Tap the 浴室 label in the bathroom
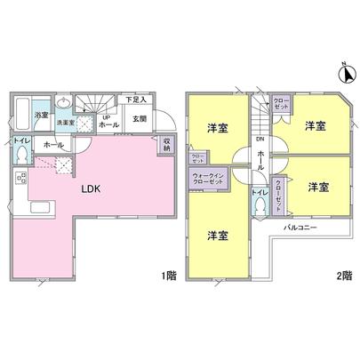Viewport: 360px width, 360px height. [x=41, y=116]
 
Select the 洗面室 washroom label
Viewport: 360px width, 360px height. [x=65, y=122]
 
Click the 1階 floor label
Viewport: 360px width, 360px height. [x=169, y=276]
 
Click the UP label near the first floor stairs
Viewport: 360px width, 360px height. [x=106, y=116]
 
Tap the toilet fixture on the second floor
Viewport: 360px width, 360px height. [x=259, y=206]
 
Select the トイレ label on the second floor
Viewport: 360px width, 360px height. [x=259, y=191]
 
